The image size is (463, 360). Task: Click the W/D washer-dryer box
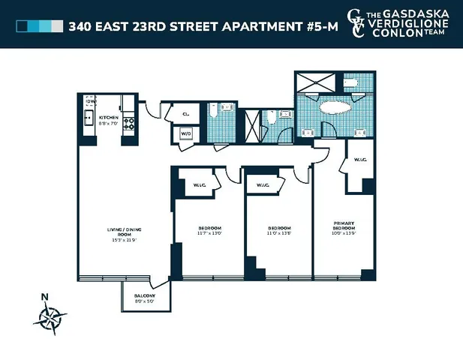(185, 133)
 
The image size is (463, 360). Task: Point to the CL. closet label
(185, 114)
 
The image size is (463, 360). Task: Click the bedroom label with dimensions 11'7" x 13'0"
(209, 229)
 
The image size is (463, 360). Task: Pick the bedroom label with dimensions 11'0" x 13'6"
(278, 229)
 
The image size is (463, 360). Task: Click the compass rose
(50, 319)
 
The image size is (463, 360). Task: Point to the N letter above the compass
(45, 296)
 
